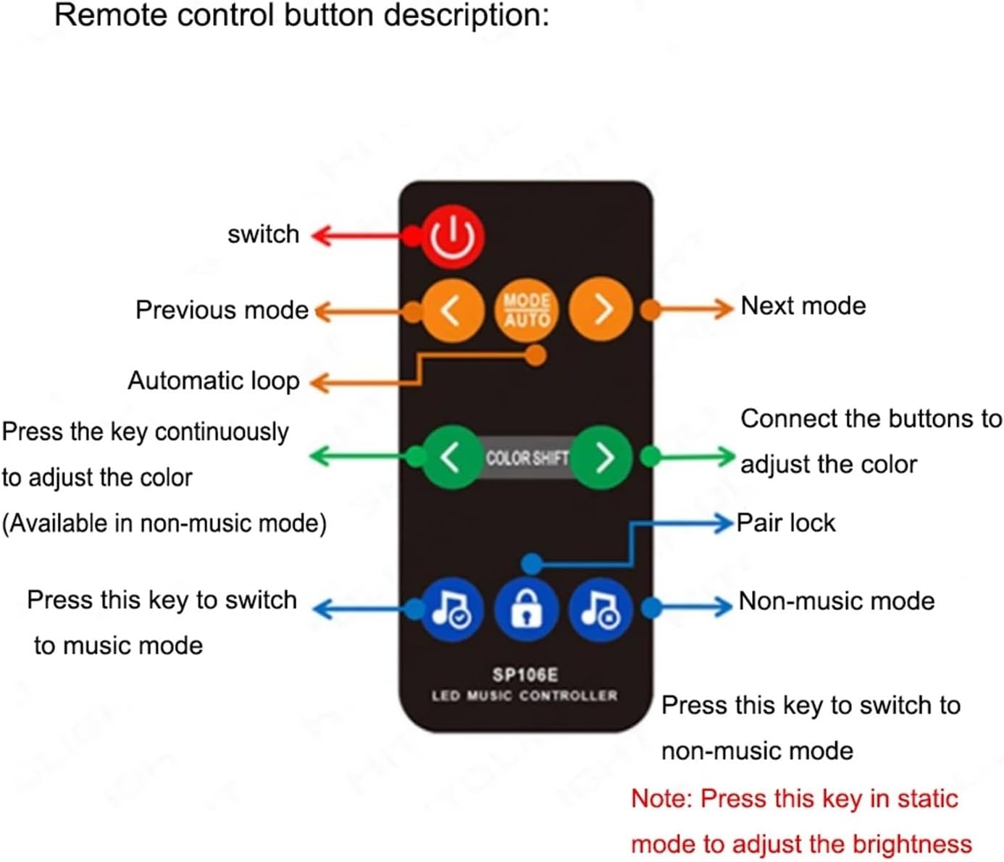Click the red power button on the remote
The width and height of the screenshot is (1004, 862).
(453, 237)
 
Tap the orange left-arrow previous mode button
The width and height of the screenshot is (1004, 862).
(452, 310)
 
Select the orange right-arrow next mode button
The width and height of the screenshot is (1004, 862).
(601, 310)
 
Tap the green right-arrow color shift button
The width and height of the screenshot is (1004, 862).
(602, 457)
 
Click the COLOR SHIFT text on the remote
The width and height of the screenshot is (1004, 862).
(527, 458)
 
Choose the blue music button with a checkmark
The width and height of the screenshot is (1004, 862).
(452, 610)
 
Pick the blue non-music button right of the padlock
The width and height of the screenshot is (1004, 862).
(601, 610)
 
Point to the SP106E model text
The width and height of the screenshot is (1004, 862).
(525, 675)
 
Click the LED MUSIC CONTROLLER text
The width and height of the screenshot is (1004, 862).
(525, 696)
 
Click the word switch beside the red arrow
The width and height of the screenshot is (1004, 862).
(263, 234)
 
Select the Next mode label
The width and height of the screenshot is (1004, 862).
(803, 306)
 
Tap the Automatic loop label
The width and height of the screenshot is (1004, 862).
(214, 381)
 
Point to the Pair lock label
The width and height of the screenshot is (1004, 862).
(786, 523)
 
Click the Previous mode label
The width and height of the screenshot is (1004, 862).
(222, 310)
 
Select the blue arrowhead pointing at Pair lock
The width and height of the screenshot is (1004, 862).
(725, 523)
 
